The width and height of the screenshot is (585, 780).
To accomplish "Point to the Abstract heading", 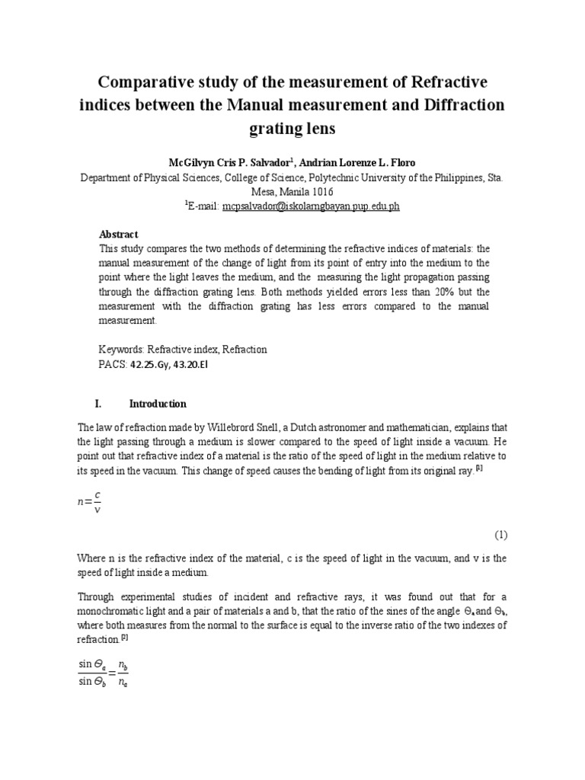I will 119,234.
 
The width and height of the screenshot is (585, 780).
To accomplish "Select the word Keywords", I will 124,350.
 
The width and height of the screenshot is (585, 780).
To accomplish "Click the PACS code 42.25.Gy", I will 152,364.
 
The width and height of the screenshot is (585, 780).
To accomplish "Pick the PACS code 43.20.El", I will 190,364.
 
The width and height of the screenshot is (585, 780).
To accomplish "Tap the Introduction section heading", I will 158,404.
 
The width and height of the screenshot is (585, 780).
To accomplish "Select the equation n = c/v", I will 89,503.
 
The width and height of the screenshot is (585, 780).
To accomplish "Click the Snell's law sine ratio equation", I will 104,672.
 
